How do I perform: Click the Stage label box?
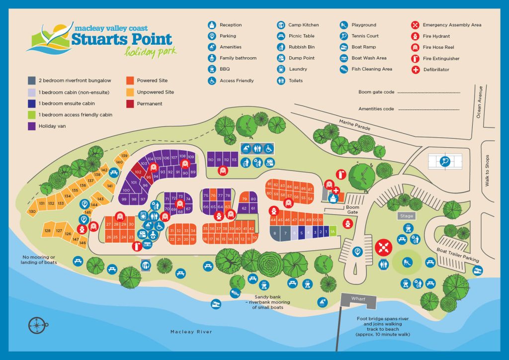click(x=406, y=216)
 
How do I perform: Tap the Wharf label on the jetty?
click(x=358, y=299)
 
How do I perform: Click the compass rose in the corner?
click(x=36, y=325)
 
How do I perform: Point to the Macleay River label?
click(x=191, y=332)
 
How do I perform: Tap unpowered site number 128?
click(x=48, y=231)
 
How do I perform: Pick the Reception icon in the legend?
click(x=212, y=25)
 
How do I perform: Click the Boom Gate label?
click(x=352, y=209)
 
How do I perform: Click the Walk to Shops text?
click(x=487, y=171)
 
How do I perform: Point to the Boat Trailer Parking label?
click(x=458, y=256)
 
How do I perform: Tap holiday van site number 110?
click(x=211, y=160)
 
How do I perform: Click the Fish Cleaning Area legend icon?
click(x=344, y=70)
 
